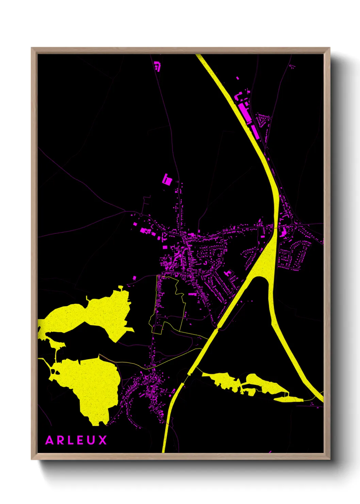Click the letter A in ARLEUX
50,440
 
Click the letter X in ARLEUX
103,440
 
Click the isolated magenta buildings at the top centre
157,66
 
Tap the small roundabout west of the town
141,215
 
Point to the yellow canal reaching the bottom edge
164,450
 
